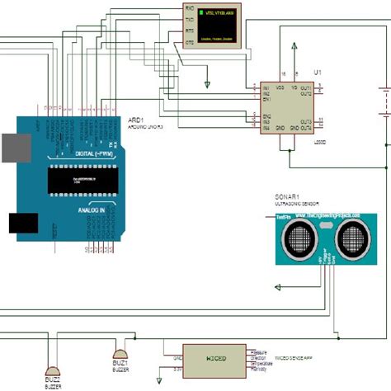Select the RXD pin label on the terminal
point(190,8)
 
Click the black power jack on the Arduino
point(22,224)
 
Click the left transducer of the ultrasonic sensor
point(294,240)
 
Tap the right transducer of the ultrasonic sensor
point(351,240)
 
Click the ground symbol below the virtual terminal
point(208,83)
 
